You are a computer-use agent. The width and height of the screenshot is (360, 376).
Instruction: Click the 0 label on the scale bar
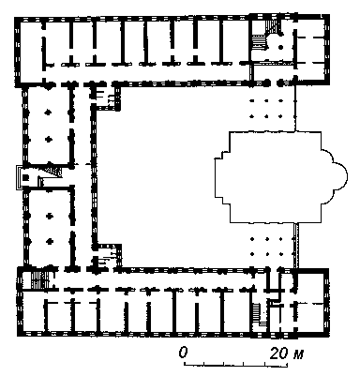[184, 353]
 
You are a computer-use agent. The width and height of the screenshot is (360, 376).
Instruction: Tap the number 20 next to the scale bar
[278, 353]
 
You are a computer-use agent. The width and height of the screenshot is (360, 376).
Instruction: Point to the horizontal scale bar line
[236, 364]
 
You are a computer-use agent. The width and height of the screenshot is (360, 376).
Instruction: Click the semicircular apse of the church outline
[339, 176]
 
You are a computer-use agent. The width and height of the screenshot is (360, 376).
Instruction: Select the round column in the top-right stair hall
[280, 47]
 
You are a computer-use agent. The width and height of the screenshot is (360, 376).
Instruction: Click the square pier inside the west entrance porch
[25, 178]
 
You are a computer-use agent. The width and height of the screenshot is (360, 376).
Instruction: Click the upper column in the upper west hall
[48, 113]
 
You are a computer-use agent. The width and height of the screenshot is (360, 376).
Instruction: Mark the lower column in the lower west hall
[49, 241]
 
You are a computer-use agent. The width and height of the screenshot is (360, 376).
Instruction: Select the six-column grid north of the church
[266, 109]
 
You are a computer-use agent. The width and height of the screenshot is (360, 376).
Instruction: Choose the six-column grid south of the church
[266, 246]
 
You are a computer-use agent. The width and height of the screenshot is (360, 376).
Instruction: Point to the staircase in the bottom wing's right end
[257, 313]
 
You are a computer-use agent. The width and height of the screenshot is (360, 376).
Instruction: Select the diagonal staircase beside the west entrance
[53, 171]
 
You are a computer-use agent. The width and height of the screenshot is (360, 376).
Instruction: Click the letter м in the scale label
[297, 354]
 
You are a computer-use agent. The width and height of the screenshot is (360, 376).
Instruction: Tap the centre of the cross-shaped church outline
[275, 177]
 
